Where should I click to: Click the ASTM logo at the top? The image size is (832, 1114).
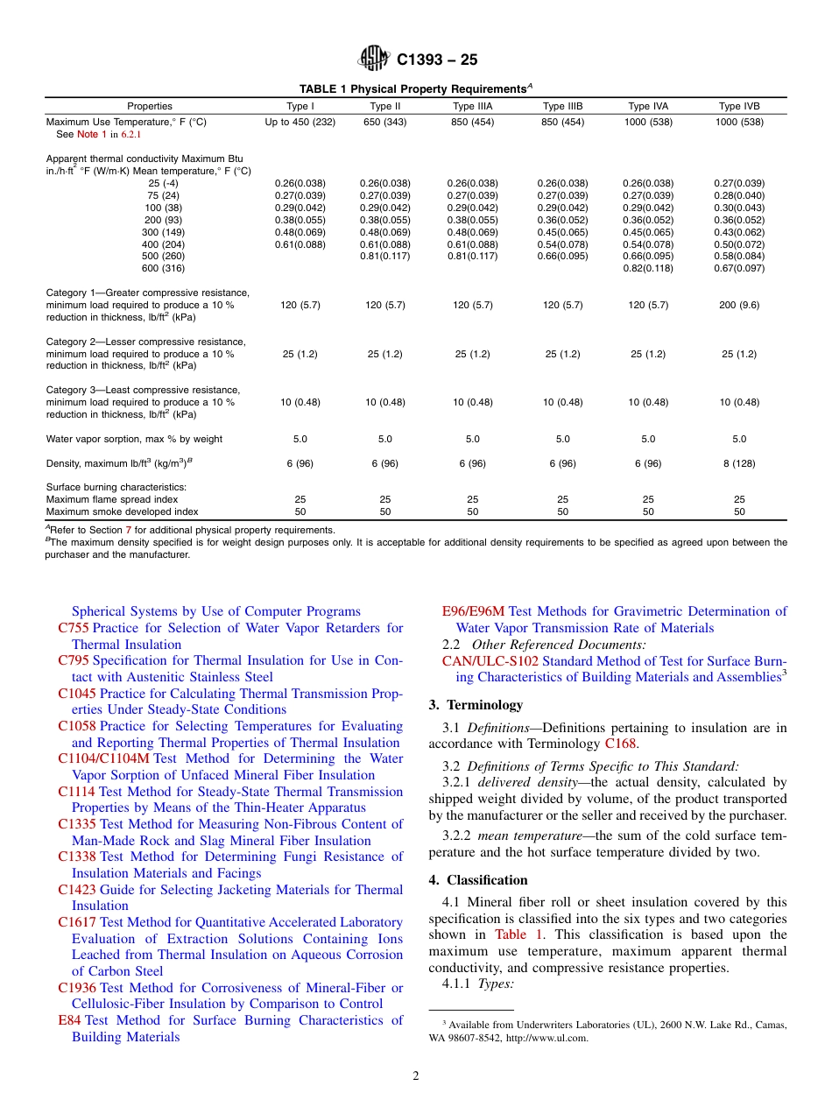(373, 59)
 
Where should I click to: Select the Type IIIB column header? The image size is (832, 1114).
(562, 106)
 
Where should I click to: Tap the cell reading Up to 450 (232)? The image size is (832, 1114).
(300, 122)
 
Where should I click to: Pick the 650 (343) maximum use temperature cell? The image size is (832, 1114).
(384, 122)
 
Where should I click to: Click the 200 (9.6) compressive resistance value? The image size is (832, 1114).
(739, 305)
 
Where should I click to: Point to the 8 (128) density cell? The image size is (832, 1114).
(739, 463)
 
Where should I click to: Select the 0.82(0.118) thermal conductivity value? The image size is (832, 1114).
(648, 268)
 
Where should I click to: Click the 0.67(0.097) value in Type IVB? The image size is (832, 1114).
(739, 268)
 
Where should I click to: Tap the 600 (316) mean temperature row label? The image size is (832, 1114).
(162, 268)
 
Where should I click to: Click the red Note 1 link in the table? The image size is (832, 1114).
(92, 135)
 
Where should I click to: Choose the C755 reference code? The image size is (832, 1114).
(74, 628)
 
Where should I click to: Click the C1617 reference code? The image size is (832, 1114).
(77, 922)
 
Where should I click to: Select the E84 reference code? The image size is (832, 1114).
(69, 1020)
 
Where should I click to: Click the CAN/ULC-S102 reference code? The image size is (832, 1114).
(490, 661)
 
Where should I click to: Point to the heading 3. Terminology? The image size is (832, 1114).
(476, 705)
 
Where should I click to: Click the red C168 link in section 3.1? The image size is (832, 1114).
(620, 744)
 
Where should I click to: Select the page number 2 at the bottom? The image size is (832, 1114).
(416, 1076)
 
